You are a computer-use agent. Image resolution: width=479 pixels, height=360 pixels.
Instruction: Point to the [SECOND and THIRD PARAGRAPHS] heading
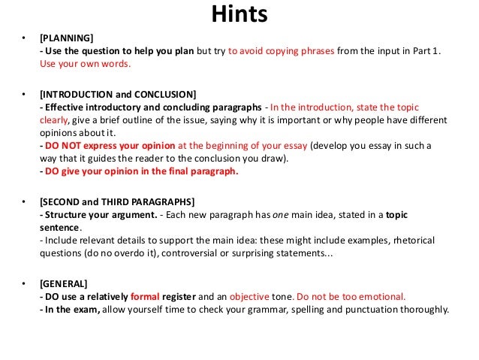[117, 202]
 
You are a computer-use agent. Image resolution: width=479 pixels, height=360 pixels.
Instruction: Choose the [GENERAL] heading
[63, 284]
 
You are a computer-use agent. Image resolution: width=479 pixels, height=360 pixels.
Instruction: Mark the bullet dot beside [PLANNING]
[24, 38]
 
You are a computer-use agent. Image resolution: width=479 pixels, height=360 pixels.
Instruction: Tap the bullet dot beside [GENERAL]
[24, 285]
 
